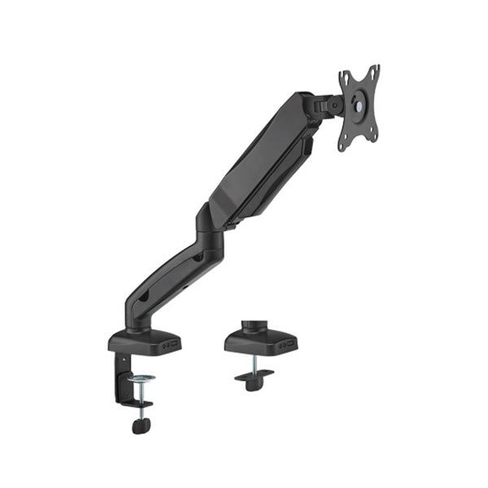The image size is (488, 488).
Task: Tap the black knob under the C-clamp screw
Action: pos(142,426)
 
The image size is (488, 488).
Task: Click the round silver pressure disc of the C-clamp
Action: pos(142,379)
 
